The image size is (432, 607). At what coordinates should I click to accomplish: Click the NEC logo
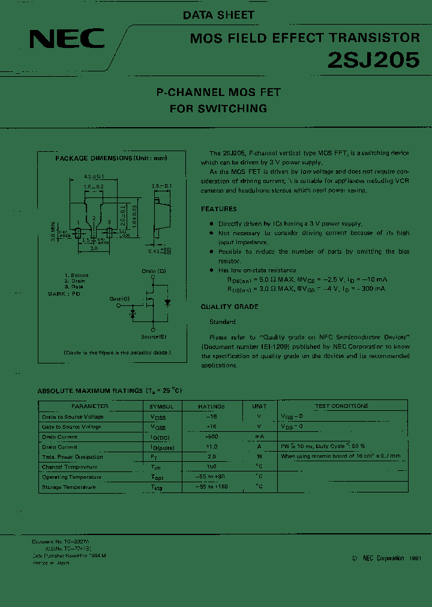pos(67,40)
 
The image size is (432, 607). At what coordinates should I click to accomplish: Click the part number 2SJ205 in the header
pos(373,61)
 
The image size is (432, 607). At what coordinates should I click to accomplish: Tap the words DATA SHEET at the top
pos(219,15)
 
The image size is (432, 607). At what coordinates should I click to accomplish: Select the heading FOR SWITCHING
pos(218,109)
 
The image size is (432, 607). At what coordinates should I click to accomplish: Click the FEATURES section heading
pos(218,209)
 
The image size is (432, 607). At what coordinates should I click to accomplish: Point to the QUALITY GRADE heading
pos(229,306)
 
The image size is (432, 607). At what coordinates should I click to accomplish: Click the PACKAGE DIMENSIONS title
pos(111,158)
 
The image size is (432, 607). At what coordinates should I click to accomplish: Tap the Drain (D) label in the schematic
pos(154,271)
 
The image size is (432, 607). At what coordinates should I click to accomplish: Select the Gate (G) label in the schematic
pos(119,298)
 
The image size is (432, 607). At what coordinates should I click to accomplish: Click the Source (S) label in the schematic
pos(154,336)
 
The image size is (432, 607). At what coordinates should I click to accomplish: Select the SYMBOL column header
pos(161,406)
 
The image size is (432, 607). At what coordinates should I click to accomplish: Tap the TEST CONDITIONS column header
pos(341,406)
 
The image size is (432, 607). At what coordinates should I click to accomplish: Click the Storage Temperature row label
pos(69,487)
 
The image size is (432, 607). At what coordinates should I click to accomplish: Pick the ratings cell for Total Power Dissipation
pos(211,456)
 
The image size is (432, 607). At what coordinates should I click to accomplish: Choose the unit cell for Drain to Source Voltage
pos(259,416)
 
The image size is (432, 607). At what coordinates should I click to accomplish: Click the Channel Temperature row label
pos(70,467)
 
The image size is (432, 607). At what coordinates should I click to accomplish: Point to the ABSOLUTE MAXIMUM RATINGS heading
pos(110,390)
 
